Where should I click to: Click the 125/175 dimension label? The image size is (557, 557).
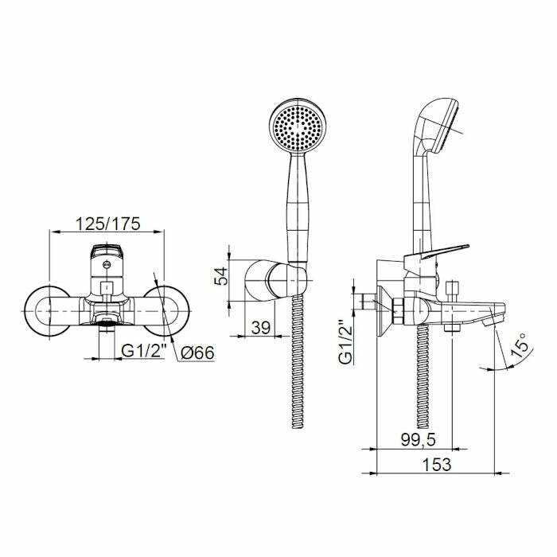coord(108,224)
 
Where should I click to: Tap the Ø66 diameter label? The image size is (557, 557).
coord(197,353)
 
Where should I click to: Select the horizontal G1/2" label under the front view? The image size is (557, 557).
coord(144,351)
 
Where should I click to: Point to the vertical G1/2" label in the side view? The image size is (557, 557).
coord(346,342)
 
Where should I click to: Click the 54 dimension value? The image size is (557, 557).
coord(221,276)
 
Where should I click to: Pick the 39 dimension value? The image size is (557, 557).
coord(261,328)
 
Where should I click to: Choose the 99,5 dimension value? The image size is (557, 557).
coord(418,440)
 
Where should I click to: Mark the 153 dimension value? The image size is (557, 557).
coord(437,465)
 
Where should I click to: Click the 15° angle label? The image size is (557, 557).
coord(520,345)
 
